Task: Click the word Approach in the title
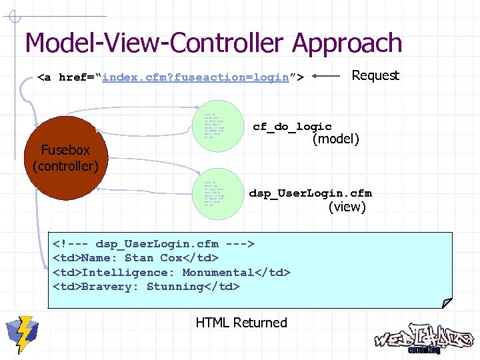[347, 43]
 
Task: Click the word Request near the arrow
[375, 75]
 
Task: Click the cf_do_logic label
[292, 127]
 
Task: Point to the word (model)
[336, 139]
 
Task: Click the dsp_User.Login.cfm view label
[310, 193]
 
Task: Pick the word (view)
[347, 207]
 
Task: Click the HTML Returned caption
[241, 323]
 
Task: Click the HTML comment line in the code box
[154, 243]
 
